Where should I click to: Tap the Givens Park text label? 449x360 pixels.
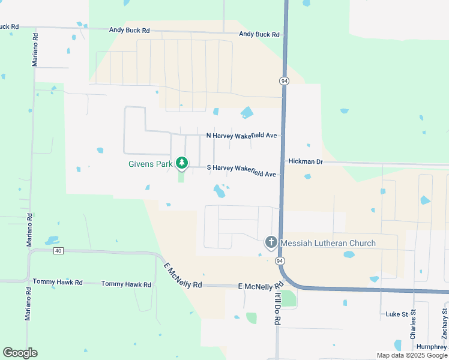click(x=150, y=163)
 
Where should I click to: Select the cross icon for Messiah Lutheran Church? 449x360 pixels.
click(x=271, y=242)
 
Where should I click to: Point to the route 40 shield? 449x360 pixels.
click(x=58, y=250)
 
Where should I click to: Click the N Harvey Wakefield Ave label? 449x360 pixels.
click(x=241, y=136)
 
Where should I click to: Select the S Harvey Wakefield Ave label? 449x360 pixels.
click(x=241, y=170)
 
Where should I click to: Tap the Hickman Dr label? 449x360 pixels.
click(x=306, y=161)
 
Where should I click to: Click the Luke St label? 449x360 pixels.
click(x=397, y=314)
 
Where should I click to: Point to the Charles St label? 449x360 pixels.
click(x=413, y=325)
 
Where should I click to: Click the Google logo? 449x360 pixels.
click(x=20, y=353)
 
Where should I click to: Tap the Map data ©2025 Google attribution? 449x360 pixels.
click(x=411, y=355)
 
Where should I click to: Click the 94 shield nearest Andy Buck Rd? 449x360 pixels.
click(x=283, y=80)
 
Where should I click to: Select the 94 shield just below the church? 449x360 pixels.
click(x=280, y=261)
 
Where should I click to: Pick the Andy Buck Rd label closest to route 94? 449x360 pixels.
click(x=259, y=34)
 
